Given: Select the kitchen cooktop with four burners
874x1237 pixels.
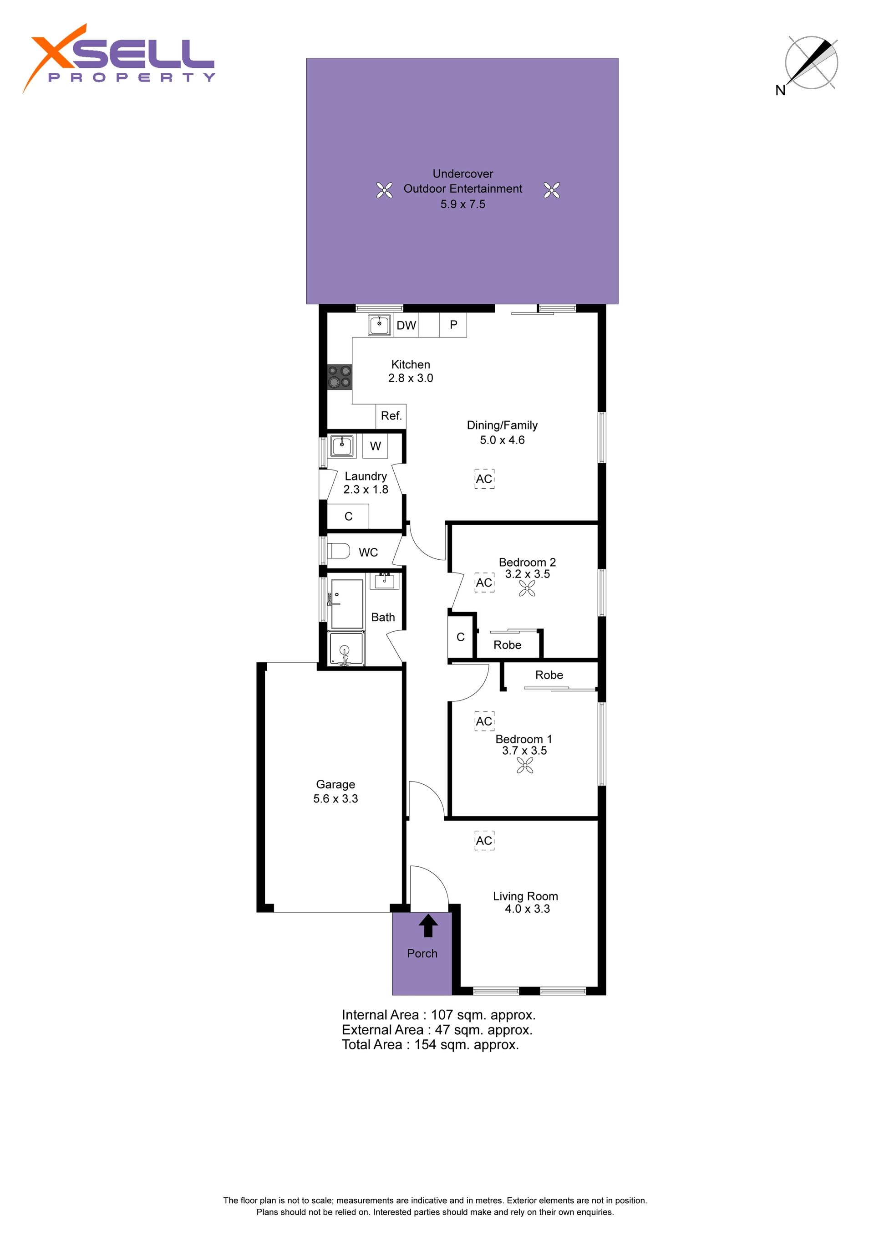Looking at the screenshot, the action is pyautogui.click(x=339, y=377).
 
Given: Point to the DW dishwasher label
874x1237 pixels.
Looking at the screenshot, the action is pyautogui.click(x=406, y=325).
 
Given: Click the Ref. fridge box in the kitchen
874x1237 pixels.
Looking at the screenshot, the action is pyautogui.click(x=391, y=416).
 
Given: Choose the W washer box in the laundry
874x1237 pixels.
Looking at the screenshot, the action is pyautogui.click(x=376, y=445).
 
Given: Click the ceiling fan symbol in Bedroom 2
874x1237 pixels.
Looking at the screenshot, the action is pyautogui.click(x=527, y=589).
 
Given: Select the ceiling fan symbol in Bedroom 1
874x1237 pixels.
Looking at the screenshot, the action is pyautogui.click(x=525, y=766).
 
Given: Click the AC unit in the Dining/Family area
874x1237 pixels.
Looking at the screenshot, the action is pyautogui.click(x=484, y=478).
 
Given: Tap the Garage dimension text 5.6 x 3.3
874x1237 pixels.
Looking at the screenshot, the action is pyautogui.click(x=335, y=798).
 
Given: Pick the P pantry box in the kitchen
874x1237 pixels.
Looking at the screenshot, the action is pyautogui.click(x=453, y=325).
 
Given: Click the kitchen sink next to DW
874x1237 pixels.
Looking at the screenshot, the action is pyautogui.click(x=380, y=325).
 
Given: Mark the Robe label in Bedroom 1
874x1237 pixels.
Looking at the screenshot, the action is pyautogui.click(x=549, y=675).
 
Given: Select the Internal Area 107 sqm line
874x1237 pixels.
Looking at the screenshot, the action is pyautogui.click(x=439, y=1015).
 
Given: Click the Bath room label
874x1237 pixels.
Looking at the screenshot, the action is pyautogui.click(x=383, y=618).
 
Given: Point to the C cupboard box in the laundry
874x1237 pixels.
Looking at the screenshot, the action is pyautogui.click(x=348, y=516).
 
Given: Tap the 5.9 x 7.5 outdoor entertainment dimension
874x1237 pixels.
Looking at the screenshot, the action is pyautogui.click(x=463, y=204).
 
